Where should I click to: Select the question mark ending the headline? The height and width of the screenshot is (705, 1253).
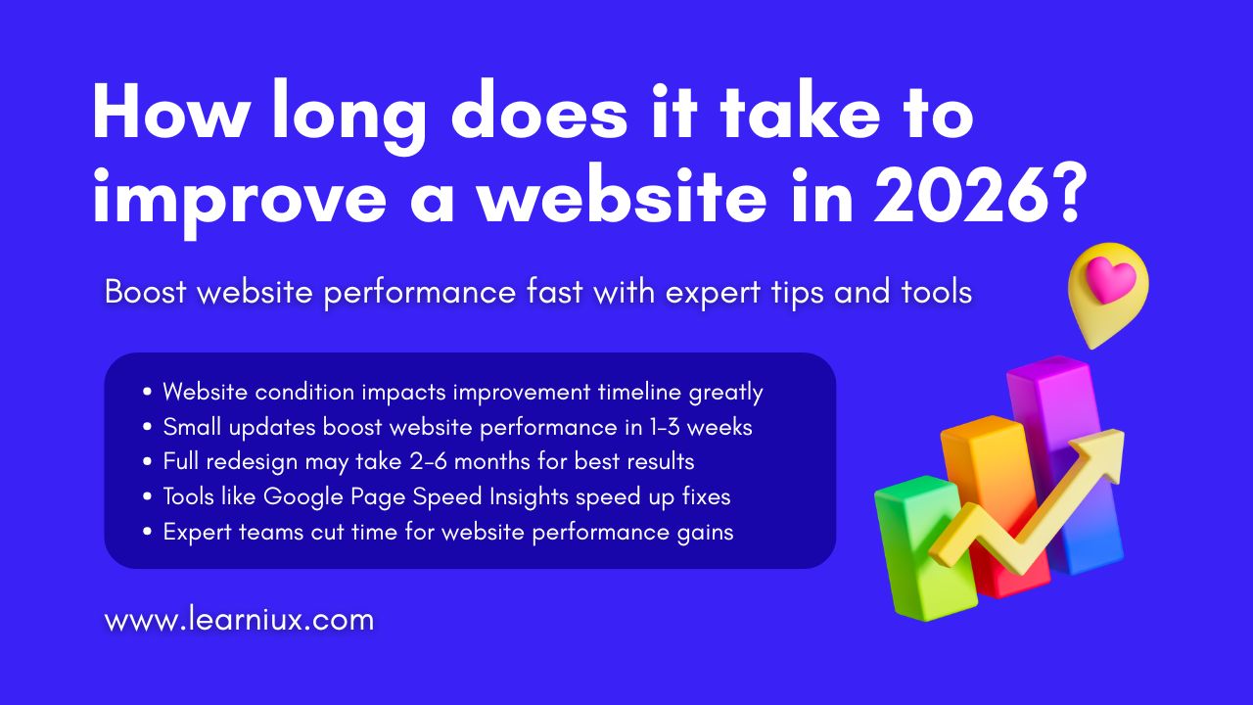(1070, 194)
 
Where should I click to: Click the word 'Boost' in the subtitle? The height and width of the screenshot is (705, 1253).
(145, 292)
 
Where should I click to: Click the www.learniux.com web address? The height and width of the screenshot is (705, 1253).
(239, 620)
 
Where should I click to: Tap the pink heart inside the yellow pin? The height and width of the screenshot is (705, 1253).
(1110, 280)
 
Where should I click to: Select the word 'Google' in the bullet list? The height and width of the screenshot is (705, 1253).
(302, 497)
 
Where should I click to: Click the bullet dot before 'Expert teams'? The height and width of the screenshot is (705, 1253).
(148, 532)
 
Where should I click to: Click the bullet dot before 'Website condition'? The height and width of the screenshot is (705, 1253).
(148, 392)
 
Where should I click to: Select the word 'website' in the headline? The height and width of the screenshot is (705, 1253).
(622, 194)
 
